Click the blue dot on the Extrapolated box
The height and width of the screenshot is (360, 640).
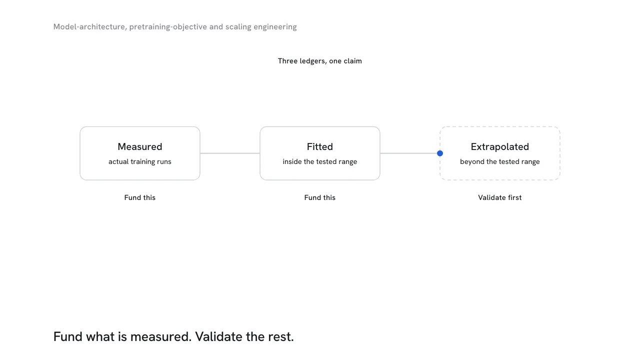pyautogui.click(x=439, y=153)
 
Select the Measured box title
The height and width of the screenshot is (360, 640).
pyautogui.click(x=139, y=146)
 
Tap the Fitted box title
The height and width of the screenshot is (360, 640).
pyautogui.click(x=319, y=146)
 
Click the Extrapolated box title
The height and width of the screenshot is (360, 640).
pyautogui.click(x=499, y=146)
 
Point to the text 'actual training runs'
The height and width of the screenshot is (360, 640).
pyautogui.click(x=139, y=161)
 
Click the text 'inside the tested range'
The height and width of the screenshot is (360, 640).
pyautogui.click(x=319, y=161)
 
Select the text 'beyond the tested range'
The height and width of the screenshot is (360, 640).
pyautogui.click(x=499, y=161)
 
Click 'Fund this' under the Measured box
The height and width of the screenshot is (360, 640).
pyautogui.click(x=139, y=197)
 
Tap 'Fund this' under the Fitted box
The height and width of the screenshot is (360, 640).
pyautogui.click(x=319, y=197)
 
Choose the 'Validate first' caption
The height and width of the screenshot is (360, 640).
pyautogui.click(x=499, y=197)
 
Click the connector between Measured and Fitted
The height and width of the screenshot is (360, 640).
pyautogui.click(x=230, y=153)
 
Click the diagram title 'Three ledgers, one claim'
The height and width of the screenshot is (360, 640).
pyautogui.click(x=319, y=61)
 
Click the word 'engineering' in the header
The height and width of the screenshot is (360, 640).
pyautogui.click(x=275, y=27)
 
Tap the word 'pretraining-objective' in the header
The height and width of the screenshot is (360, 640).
pyautogui.click(x=168, y=27)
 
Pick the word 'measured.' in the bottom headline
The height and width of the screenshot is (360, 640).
pyautogui.click(x=161, y=336)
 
